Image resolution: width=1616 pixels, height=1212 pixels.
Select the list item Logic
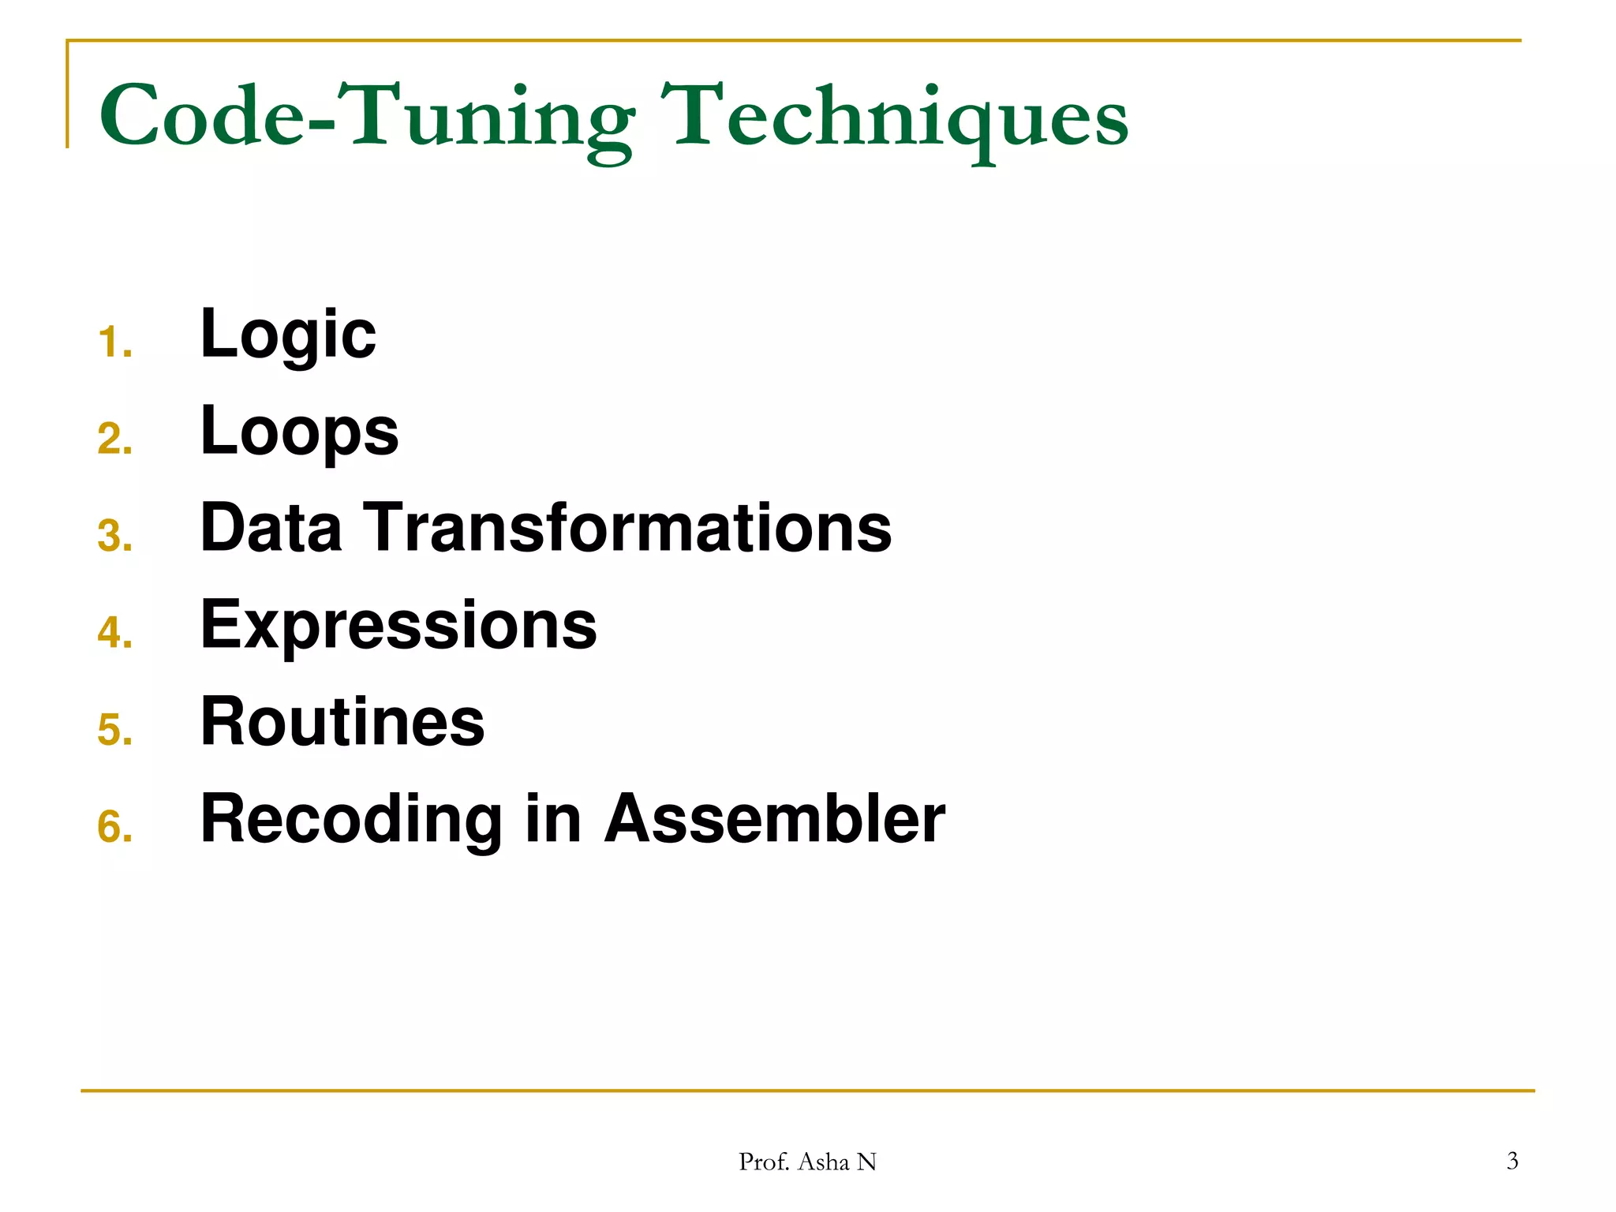(288, 335)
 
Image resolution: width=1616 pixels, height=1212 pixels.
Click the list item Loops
(300, 432)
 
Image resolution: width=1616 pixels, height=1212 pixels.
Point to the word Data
(271, 528)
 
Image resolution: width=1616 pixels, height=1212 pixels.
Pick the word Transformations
(627, 528)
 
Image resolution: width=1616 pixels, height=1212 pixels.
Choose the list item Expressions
(398, 625)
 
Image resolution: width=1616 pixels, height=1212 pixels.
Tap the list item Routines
(342, 721)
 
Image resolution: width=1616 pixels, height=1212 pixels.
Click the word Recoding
(351, 819)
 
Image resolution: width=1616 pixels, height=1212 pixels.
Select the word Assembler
(775, 819)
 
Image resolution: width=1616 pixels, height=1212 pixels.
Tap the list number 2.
(114, 440)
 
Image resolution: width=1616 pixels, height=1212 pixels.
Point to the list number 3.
(114, 537)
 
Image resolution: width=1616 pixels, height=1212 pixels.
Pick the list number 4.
(114, 633)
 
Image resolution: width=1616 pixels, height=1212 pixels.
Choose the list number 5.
(114, 730)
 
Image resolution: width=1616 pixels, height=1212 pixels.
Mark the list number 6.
(114, 827)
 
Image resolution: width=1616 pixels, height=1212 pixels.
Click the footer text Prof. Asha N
(807, 1161)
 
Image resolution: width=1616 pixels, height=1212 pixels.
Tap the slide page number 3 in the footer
(1512, 1161)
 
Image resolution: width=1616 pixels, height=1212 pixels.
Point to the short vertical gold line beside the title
(68, 95)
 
